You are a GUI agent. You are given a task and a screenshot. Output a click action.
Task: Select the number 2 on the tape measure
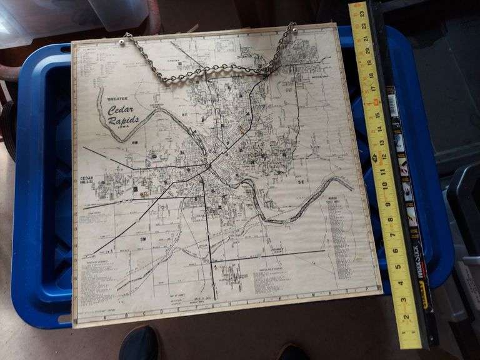(x=407, y=317)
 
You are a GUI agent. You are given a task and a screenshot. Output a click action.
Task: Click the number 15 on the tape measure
(x=377, y=101)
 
